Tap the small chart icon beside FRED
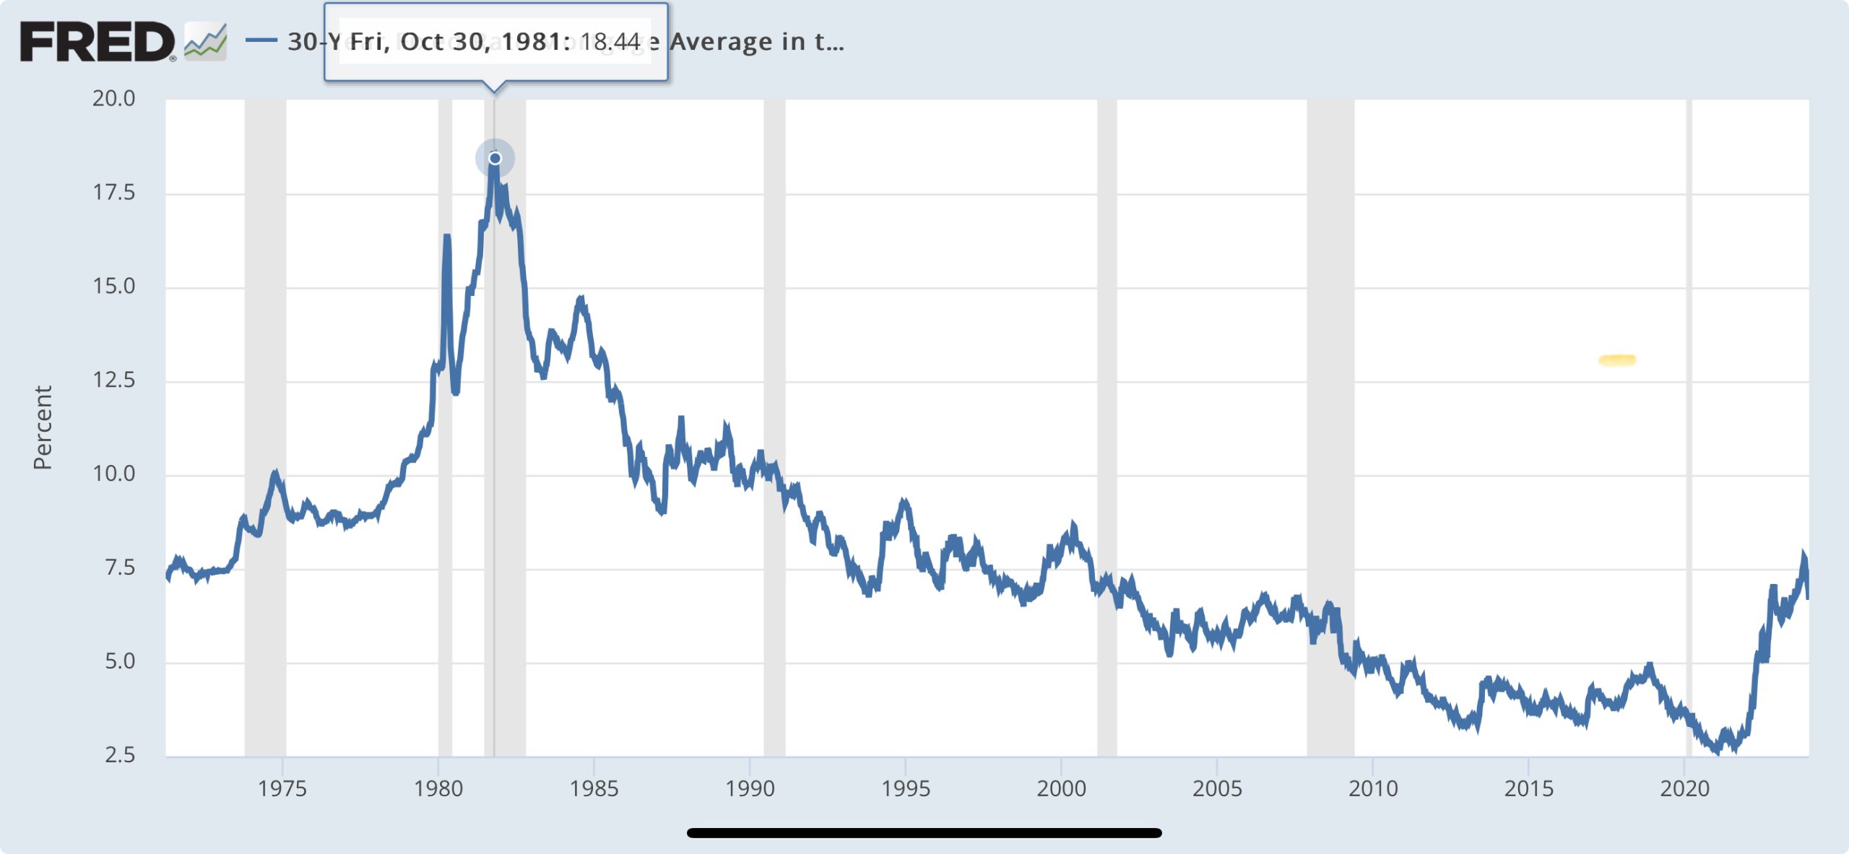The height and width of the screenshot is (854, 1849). click(x=206, y=42)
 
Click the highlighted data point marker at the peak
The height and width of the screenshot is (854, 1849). click(x=495, y=158)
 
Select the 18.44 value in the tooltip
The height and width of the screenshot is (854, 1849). click(x=610, y=42)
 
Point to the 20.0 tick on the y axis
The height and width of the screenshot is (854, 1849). click(x=113, y=98)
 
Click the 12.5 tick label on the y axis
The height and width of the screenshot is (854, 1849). click(x=113, y=380)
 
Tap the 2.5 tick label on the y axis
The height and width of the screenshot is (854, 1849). click(x=119, y=755)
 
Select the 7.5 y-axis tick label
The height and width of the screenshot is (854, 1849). click(x=119, y=567)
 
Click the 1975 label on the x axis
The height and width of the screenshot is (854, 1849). click(x=282, y=788)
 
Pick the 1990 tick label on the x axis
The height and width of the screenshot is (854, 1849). click(x=750, y=788)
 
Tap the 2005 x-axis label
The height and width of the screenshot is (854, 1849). click(x=1217, y=788)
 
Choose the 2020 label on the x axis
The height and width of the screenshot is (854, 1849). click(x=1684, y=788)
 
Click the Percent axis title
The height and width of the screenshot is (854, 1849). click(x=43, y=427)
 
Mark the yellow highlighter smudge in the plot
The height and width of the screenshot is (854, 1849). click(x=1617, y=360)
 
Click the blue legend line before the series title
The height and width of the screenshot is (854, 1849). click(x=261, y=40)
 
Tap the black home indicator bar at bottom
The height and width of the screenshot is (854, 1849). click(x=924, y=833)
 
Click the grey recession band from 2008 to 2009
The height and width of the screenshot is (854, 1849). click(x=1330, y=433)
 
